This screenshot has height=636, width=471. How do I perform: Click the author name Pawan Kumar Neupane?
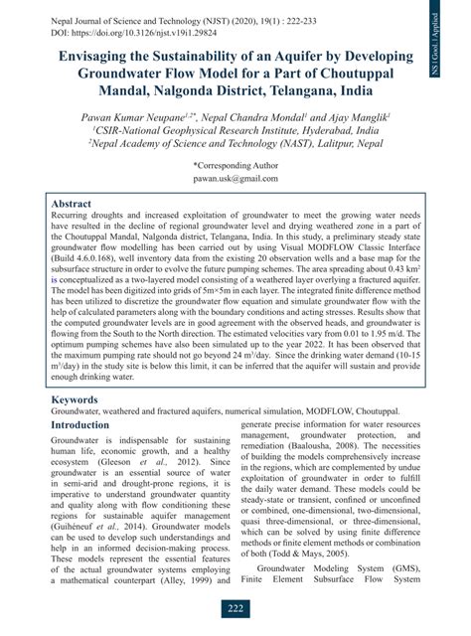(138, 117)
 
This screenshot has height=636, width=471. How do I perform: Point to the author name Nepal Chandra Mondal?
(248, 117)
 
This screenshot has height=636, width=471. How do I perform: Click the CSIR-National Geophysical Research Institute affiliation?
(235, 130)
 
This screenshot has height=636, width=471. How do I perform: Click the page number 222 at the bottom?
(235, 608)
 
